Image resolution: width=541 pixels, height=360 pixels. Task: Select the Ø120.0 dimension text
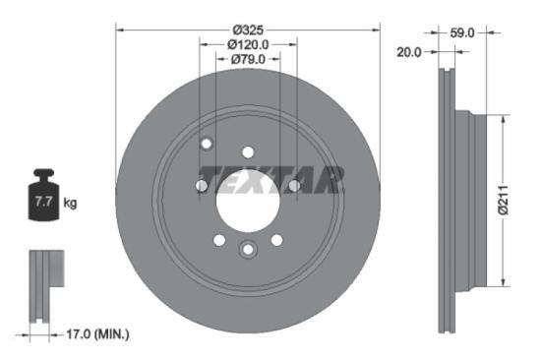(x=248, y=44)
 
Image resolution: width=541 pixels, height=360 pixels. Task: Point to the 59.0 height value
(x=461, y=32)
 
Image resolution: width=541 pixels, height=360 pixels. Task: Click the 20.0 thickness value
(x=407, y=52)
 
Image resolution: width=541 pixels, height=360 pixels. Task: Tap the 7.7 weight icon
(x=43, y=199)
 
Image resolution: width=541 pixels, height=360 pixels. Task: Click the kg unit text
(x=70, y=204)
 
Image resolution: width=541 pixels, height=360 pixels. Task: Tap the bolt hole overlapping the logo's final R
(x=294, y=185)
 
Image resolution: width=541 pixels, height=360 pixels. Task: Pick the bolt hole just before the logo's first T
(x=202, y=185)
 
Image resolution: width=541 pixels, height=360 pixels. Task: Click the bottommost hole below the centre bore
(x=248, y=248)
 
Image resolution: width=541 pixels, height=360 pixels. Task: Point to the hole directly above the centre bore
(x=248, y=152)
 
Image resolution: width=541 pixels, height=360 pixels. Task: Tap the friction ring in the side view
(x=447, y=197)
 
